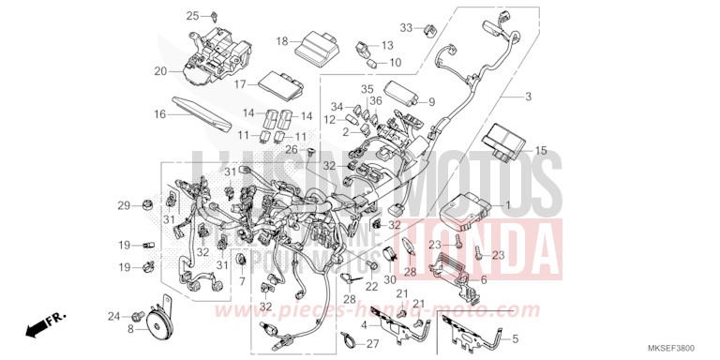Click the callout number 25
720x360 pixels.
click(166, 16)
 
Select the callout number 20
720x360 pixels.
click(160, 71)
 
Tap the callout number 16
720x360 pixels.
click(160, 114)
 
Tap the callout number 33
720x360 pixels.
click(406, 26)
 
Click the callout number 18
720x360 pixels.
click(281, 41)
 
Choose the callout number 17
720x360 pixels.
click(239, 84)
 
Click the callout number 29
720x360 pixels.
click(123, 205)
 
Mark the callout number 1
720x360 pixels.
click(509, 204)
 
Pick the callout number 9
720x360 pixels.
click(432, 102)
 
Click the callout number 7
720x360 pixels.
click(241, 282)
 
